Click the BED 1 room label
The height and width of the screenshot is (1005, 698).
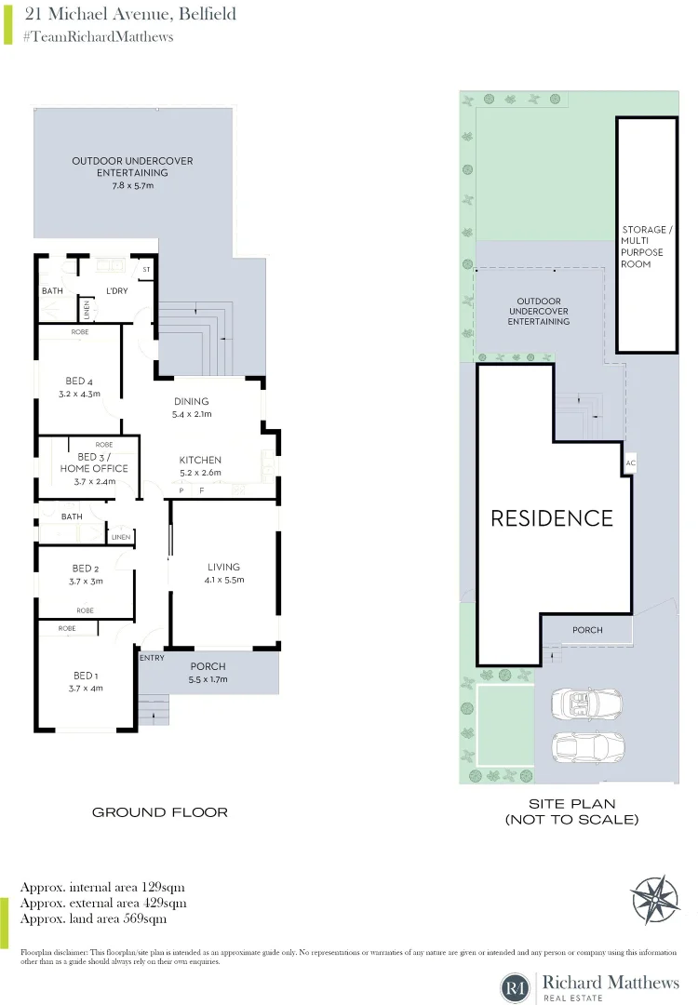click(85, 676)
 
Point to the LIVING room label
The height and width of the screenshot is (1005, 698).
click(223, 567)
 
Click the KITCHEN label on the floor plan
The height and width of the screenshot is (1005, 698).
click(200, 460)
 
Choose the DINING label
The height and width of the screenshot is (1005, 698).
click(191, 402)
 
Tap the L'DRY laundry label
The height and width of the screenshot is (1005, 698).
click(116, 291)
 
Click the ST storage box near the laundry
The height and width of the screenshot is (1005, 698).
click(146, 270)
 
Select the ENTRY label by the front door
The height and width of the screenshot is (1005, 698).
click(152, 658)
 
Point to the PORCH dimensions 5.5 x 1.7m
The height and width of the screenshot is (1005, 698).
click(208, 679)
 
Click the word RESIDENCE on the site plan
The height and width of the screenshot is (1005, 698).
click(552, 518)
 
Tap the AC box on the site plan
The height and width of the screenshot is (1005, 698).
click(630, 462)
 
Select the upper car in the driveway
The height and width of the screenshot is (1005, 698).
click(586, 703)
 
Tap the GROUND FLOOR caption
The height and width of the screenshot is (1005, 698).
click(159, 812)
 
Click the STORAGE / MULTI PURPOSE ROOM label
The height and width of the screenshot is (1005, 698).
click(644, 247)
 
